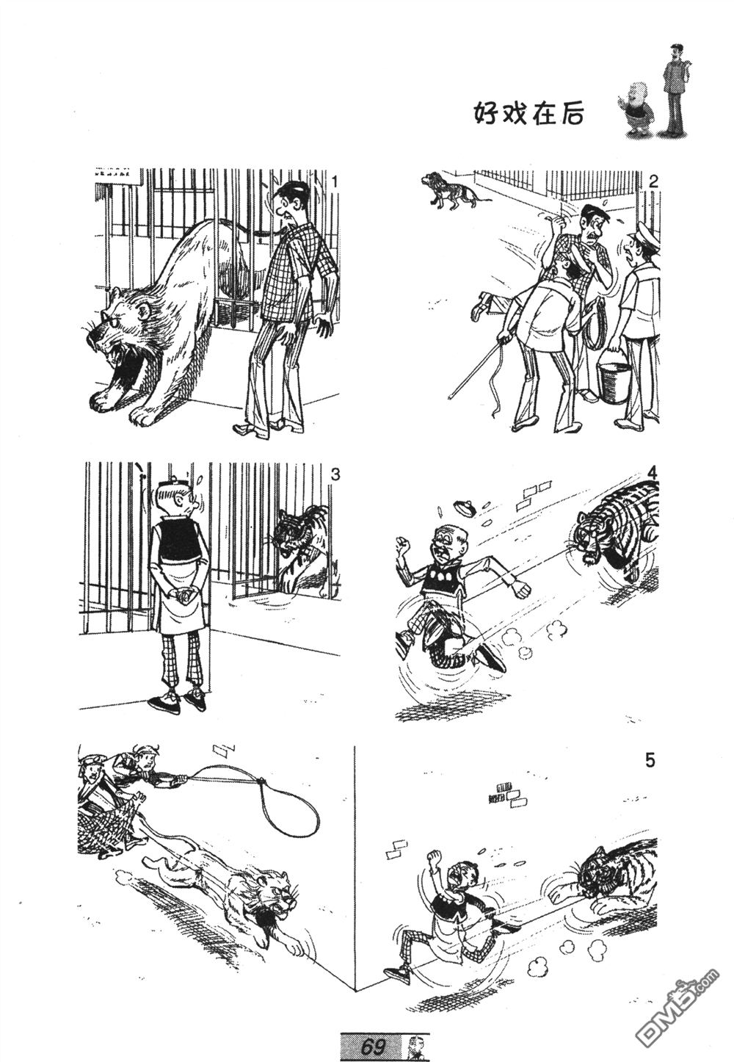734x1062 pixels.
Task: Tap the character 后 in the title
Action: (571, 115)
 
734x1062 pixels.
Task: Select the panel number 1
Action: (335, 181)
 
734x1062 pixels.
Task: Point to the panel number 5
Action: (650, 761)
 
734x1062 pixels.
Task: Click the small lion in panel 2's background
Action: (450, 191)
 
